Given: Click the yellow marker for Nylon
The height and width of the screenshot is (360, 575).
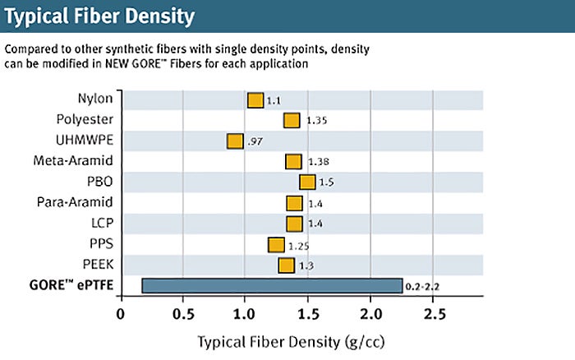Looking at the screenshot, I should click(255, 100).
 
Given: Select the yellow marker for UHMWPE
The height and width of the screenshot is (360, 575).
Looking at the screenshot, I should click(235, 141).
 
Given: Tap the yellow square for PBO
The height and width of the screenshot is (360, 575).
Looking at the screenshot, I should click(307, 182).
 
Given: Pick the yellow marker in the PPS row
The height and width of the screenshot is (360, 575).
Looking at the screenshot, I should click(276, 245).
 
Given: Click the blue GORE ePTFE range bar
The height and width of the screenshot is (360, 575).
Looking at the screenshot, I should click(272, 285).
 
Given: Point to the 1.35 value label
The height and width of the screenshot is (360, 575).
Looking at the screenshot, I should click(317, 121).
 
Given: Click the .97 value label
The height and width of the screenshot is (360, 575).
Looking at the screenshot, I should click(255, 141).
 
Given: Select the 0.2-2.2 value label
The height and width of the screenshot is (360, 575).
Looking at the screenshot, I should click(424, 287).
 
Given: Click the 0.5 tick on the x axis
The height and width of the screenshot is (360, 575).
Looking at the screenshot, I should click(183, 314).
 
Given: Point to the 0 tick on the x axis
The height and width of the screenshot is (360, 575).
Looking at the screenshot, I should click(121, 314).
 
